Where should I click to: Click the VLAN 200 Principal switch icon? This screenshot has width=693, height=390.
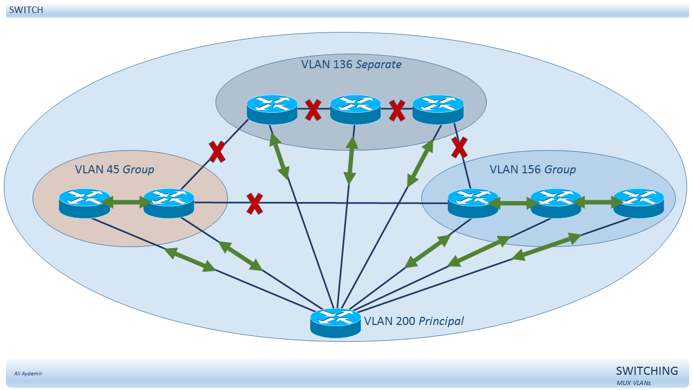[335, 322]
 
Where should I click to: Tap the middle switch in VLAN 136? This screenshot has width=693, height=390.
[356, 109]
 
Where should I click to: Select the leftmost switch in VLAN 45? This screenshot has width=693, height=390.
[84, 203]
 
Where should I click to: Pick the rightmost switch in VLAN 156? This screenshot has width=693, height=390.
[638, 203]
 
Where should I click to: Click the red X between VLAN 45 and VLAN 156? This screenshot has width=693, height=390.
[254, 204]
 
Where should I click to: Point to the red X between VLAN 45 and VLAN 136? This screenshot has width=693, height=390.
[217, 152]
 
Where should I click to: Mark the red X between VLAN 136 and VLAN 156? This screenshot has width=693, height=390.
[459, 147]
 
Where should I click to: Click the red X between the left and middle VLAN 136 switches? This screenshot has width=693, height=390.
[313, 110]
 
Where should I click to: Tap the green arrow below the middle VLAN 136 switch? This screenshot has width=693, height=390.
[350, 160]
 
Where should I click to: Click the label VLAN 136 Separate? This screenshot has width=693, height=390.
[351, 64]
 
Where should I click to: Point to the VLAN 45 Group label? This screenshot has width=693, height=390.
[114, 170]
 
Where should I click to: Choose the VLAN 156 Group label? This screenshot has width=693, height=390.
[532, 170]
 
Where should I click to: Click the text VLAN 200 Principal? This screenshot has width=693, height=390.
[414, 321]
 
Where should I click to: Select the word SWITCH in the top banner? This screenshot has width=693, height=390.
[26, 10]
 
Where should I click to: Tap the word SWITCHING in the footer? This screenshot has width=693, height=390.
[647, 370]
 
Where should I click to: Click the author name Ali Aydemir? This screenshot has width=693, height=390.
[28, 373]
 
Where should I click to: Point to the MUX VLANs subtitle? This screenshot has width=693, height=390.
[633, 383]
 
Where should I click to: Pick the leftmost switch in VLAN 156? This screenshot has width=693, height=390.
[473, 203]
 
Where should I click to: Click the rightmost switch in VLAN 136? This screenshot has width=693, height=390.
[438, 109]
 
